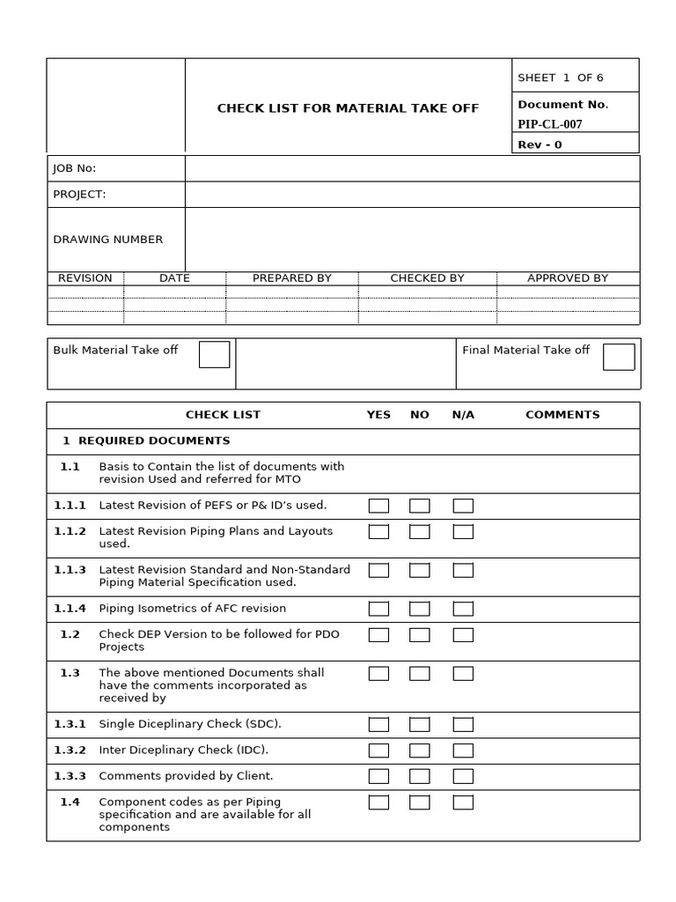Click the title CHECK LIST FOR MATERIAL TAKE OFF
348,108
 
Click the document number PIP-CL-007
550,124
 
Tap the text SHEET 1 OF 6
561,78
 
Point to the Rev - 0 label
540,144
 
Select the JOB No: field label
75,168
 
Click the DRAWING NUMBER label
108,239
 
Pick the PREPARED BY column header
291,277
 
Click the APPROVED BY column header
568,277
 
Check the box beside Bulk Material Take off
214,354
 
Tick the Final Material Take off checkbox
618,357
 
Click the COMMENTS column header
562,414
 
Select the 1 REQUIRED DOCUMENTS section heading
146,440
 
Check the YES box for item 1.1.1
378,506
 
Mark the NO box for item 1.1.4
420,609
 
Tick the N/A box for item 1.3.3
463,776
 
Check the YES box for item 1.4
378,802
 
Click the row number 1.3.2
70,750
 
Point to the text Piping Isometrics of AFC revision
192,608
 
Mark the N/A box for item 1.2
463,635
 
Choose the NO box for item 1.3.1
420,724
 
